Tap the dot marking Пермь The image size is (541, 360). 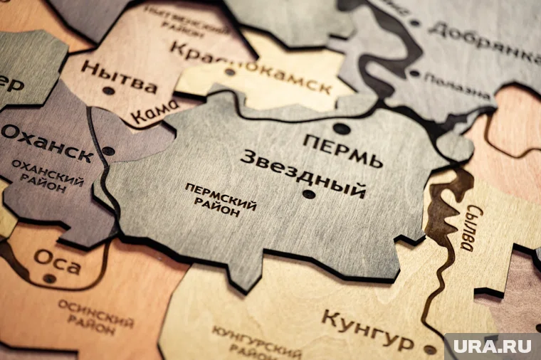(x=342, y=129)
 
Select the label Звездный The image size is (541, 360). (x=303, y=174)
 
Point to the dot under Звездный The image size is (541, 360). (x=308, y=194)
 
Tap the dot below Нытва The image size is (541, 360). (x=108, y=90)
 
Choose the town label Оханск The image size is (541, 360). (x=47, y=142)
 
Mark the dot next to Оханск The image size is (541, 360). (x=108, y=151)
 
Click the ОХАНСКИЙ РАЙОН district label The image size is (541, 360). (x=46, y=176)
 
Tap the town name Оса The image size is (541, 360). (x=57, y=260)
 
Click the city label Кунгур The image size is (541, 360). (x=367, y=328)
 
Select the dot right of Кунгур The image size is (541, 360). (x=429, y=349)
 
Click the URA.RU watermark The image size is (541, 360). (x=492, y=346)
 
